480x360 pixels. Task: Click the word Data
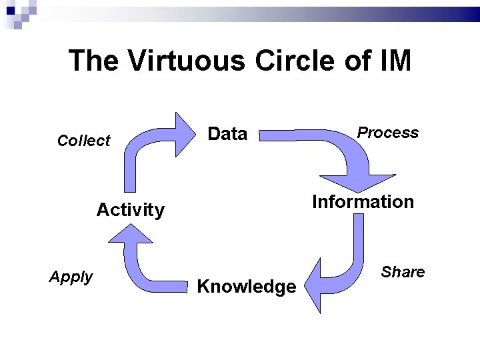[x=227, y=134]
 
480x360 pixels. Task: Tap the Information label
[x=363, y=202]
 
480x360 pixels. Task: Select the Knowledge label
[x=247, y=287]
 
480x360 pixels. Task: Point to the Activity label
[x=130, y=210]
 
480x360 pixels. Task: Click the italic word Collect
[x=84, y=141]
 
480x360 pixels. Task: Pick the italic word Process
[x=388, y=133]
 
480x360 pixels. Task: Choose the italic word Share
[x=403, y=272]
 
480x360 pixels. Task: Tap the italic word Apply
[x=71, y=277]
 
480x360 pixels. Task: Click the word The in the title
[x=94, y=60]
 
